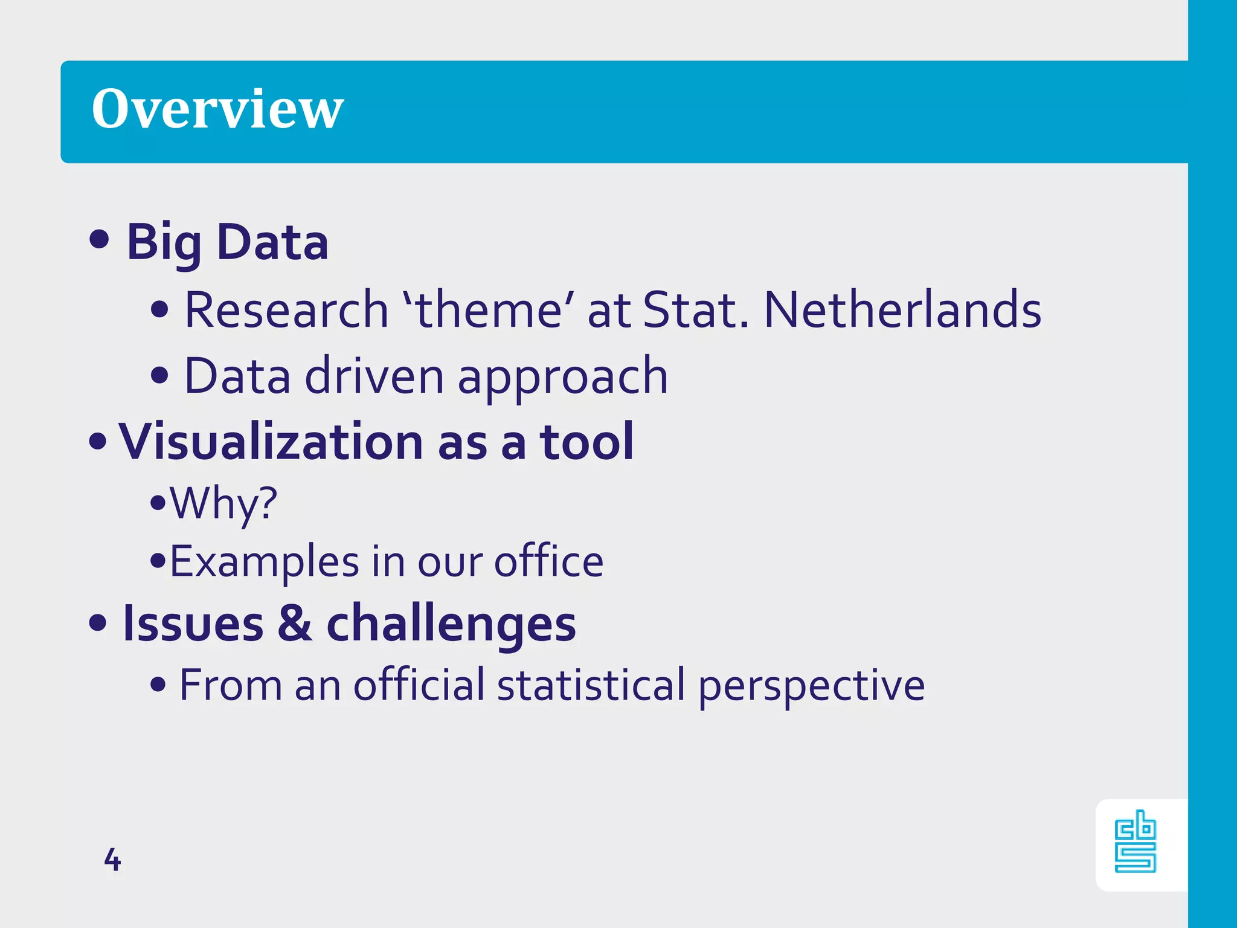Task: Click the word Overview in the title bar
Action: pyautogui.click(x=217, y=109)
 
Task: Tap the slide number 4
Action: pyautogui.click(x=112, y=859)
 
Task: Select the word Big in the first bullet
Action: pyautogui.click(x=164, y=243)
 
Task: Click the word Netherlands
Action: pyautogui.click(x=902, y=310)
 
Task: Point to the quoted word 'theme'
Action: pyautogui.click(x=489, y=310)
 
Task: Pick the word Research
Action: pyautogui.click(x=286, y=310)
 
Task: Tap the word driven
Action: pyautogui.click(x=374, y=376)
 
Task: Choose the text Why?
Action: pyautogui.click(x=223, y=503)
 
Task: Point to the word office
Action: pyautogui.click(x=548, y=562)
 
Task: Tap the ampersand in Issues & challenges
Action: pyautogui.click(x=295, y=623)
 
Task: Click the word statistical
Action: pyautogui.click(x=591, y=686)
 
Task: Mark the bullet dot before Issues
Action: pyautogui.click(x=98, y=622)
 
